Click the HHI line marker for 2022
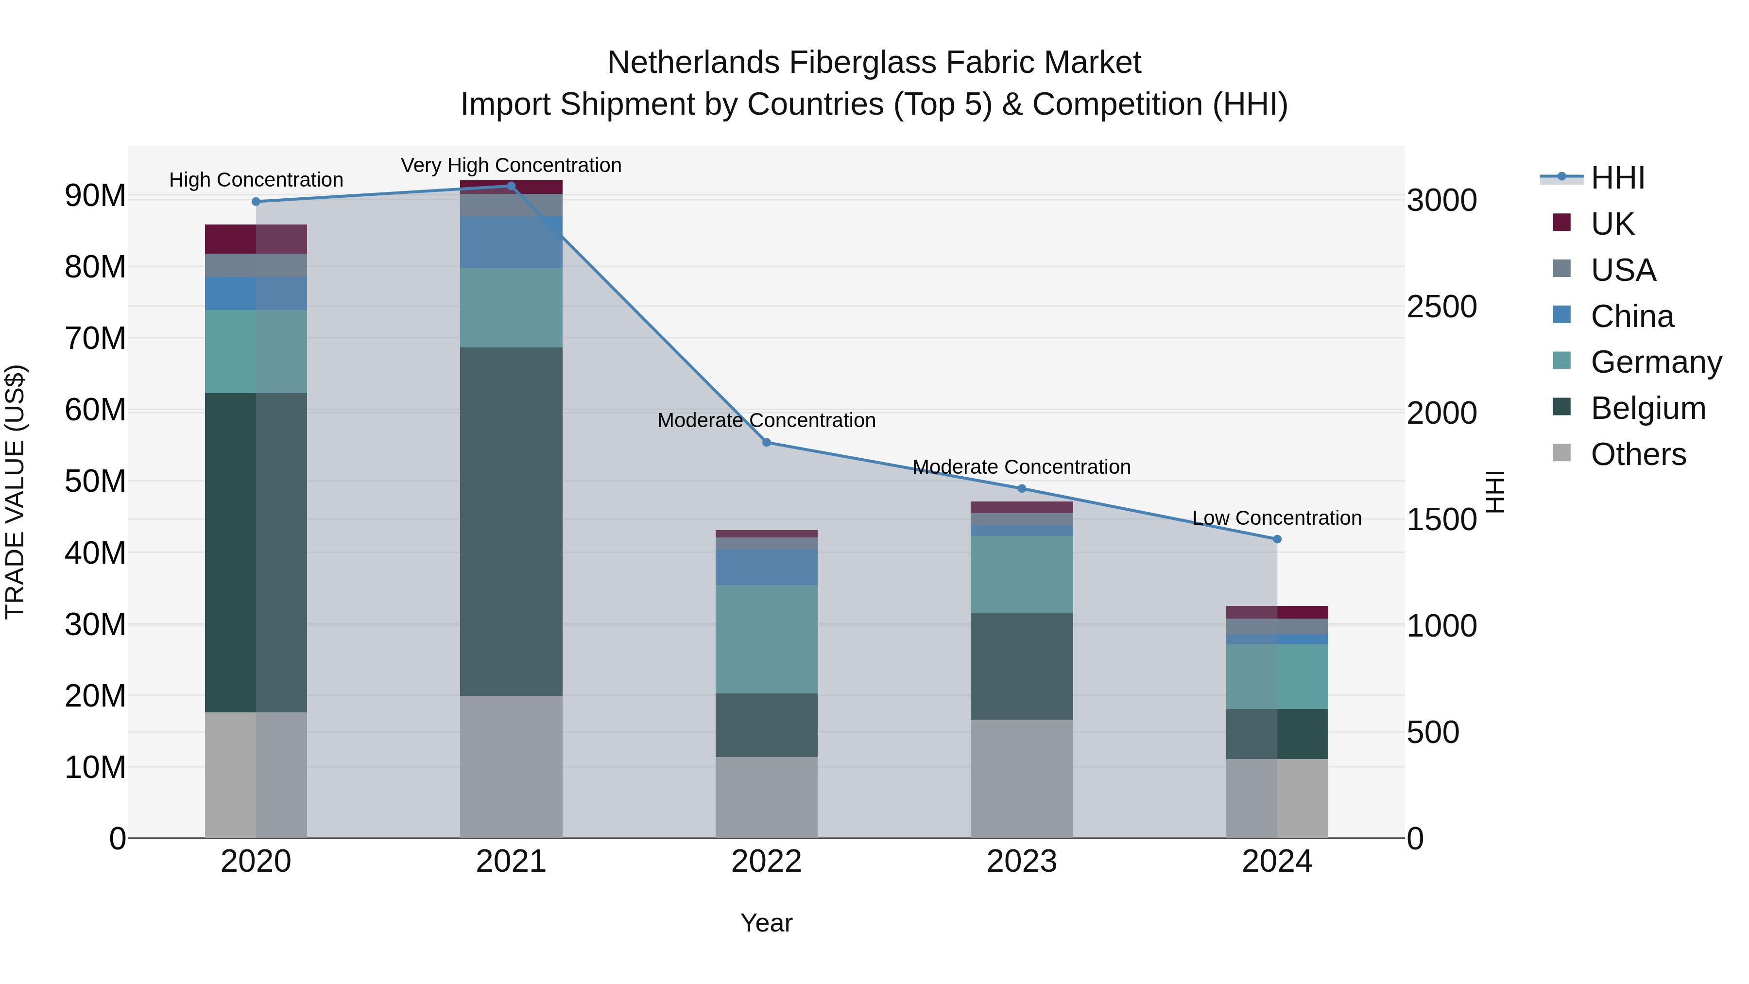767,442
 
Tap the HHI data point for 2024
1277,539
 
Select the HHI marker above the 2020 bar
256,202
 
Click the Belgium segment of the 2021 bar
511,521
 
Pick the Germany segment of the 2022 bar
767,639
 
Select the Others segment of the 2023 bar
1022,778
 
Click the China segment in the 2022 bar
767,567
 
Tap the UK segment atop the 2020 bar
256,239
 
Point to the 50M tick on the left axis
95,482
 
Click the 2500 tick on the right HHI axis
1441,307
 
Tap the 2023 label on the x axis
1022,862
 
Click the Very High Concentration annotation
511,165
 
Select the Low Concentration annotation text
1277,518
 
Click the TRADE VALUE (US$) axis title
15,492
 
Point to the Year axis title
767,923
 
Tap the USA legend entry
1623,270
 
